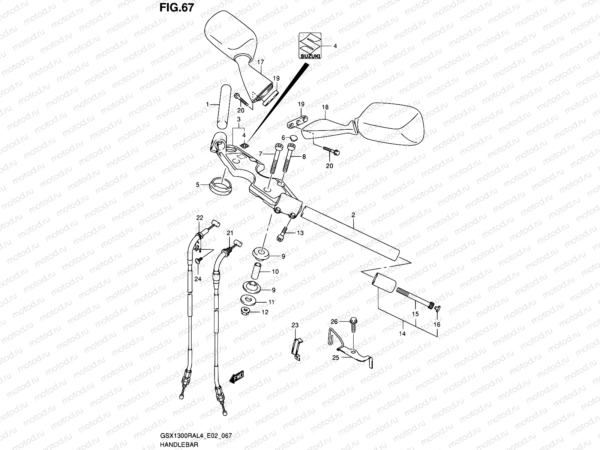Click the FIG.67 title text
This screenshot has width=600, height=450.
[x=177, y=7]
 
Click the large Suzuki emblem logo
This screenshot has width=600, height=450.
[x=310, y=46]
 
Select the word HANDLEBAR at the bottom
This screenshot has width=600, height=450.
[x=179, y=444]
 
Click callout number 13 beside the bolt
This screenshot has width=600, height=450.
[x=300, y=233]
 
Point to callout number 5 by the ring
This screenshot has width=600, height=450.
[x=198, y=185]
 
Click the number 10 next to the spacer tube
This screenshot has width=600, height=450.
[x=275, y=271]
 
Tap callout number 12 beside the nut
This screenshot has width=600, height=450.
[x=265, y=312]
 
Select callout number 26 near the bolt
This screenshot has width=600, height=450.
[x=334, y=322]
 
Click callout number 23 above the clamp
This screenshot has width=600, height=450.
[x=295, y=325]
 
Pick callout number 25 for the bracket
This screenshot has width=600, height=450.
[x=336, y=358]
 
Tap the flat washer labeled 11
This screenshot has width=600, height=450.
[x=248, y=300]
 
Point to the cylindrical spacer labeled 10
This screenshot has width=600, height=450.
[x=256, y=271]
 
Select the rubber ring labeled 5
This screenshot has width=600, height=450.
[x=220, y=186]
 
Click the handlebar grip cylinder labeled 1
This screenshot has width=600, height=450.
[x=224, y=106]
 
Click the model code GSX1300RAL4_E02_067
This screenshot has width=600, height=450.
[x=196, y=435]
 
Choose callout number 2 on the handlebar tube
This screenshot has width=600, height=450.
[x=353, y=215]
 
